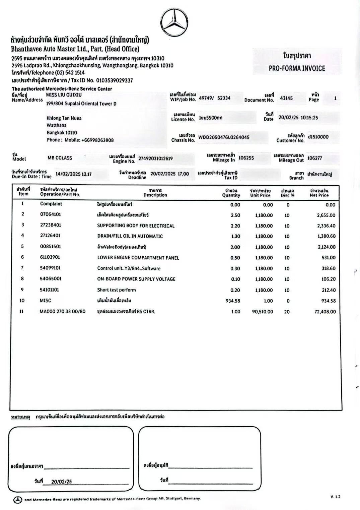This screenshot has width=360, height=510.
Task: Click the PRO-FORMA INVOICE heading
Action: [x=297, y=68]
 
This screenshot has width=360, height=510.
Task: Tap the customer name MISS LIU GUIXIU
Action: [x=64, y=95]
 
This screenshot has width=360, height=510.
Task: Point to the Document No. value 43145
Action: [x=286, y=98]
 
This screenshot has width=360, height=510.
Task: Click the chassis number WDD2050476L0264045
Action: [x=224, y=137]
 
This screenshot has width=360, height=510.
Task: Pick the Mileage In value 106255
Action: [x=246, y=158]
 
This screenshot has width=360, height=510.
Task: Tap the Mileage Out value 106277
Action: [x=315, y=158]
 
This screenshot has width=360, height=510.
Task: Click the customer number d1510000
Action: [x=318, y=137]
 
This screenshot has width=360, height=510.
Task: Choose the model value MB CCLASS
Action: [x=60, y=158]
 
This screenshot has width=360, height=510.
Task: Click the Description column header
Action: [x=155, y=193]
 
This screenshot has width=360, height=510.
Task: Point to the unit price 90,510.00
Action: [x=263, y=312]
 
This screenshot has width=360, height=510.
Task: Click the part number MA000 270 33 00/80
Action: [x=63, y=311]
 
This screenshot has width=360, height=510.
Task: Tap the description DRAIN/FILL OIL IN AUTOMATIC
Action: [x=130, y=236]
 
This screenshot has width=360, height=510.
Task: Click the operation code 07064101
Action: [x=51, y=214]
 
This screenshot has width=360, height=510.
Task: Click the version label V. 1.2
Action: [x=335, y=497]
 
